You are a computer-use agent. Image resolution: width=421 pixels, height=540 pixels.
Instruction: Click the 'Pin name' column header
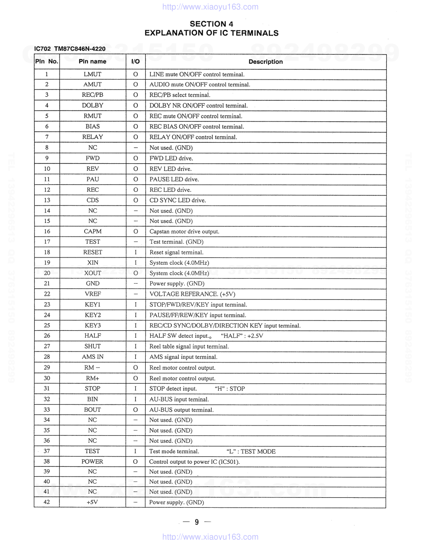click(x=92, y=62)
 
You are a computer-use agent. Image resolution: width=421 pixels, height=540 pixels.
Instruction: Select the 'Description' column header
click(x=265, y=62)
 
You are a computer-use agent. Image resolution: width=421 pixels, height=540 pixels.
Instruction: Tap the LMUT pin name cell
click(x=92, y=74)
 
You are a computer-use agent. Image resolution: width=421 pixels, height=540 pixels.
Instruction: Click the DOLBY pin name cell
click(x=92, y=105)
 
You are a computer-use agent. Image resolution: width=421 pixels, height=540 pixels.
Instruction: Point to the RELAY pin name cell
click(x=92, y=137)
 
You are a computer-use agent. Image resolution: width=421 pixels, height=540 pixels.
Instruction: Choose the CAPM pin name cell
click(x=92, y=232)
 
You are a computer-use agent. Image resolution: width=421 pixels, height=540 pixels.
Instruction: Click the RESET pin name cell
click(x=92, y=252)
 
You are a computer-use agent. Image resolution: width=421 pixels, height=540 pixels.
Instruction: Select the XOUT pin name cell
click(x=92, y=273)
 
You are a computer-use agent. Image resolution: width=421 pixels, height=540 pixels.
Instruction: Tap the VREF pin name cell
click(x=92, y=294)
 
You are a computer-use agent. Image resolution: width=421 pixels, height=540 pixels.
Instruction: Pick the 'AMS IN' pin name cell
click(x=92, y=357)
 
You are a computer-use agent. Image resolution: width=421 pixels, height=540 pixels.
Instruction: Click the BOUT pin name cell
click(x=92, y=410)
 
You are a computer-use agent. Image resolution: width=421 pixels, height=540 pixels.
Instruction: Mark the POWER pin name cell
click(x=92, y=461)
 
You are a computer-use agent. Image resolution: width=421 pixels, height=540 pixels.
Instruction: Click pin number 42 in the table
click(x=47, y=502)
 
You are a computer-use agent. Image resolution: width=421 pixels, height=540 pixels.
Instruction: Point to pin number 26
click(x=47, y=336)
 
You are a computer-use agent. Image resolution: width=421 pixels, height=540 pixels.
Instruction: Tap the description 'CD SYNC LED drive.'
click(x=177, y=200)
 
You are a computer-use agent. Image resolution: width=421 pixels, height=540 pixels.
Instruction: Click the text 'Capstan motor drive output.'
click(x=184, y=232)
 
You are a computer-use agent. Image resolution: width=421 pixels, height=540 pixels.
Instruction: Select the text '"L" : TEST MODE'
click(x=251, y=452)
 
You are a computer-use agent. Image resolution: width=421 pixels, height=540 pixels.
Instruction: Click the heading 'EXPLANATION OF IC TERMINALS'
click(x=211, y=33)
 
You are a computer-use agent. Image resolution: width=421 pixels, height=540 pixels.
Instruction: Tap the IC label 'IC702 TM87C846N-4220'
click(x=70, y=49)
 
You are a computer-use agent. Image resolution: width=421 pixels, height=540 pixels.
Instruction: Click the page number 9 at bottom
click(x=196, y=522)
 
